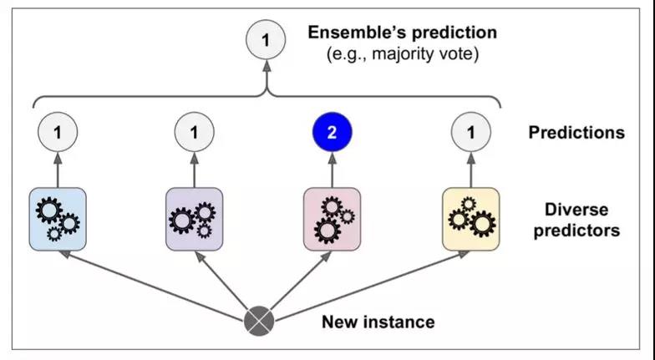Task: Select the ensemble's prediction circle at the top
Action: (x=266, y=40)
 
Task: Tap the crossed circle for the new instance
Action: (x=259, y=321)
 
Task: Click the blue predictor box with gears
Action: (x=58, y=220)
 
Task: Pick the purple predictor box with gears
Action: (x=194, y=220)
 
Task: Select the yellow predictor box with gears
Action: (x=471, y=220)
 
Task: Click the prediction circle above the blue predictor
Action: (x=58, y=133)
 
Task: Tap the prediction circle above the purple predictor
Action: (x=194, y=133)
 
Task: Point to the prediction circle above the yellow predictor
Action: (x=471, y=133)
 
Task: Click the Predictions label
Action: (x=576, y=133)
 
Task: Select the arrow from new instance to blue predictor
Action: (x=150, y=285)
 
